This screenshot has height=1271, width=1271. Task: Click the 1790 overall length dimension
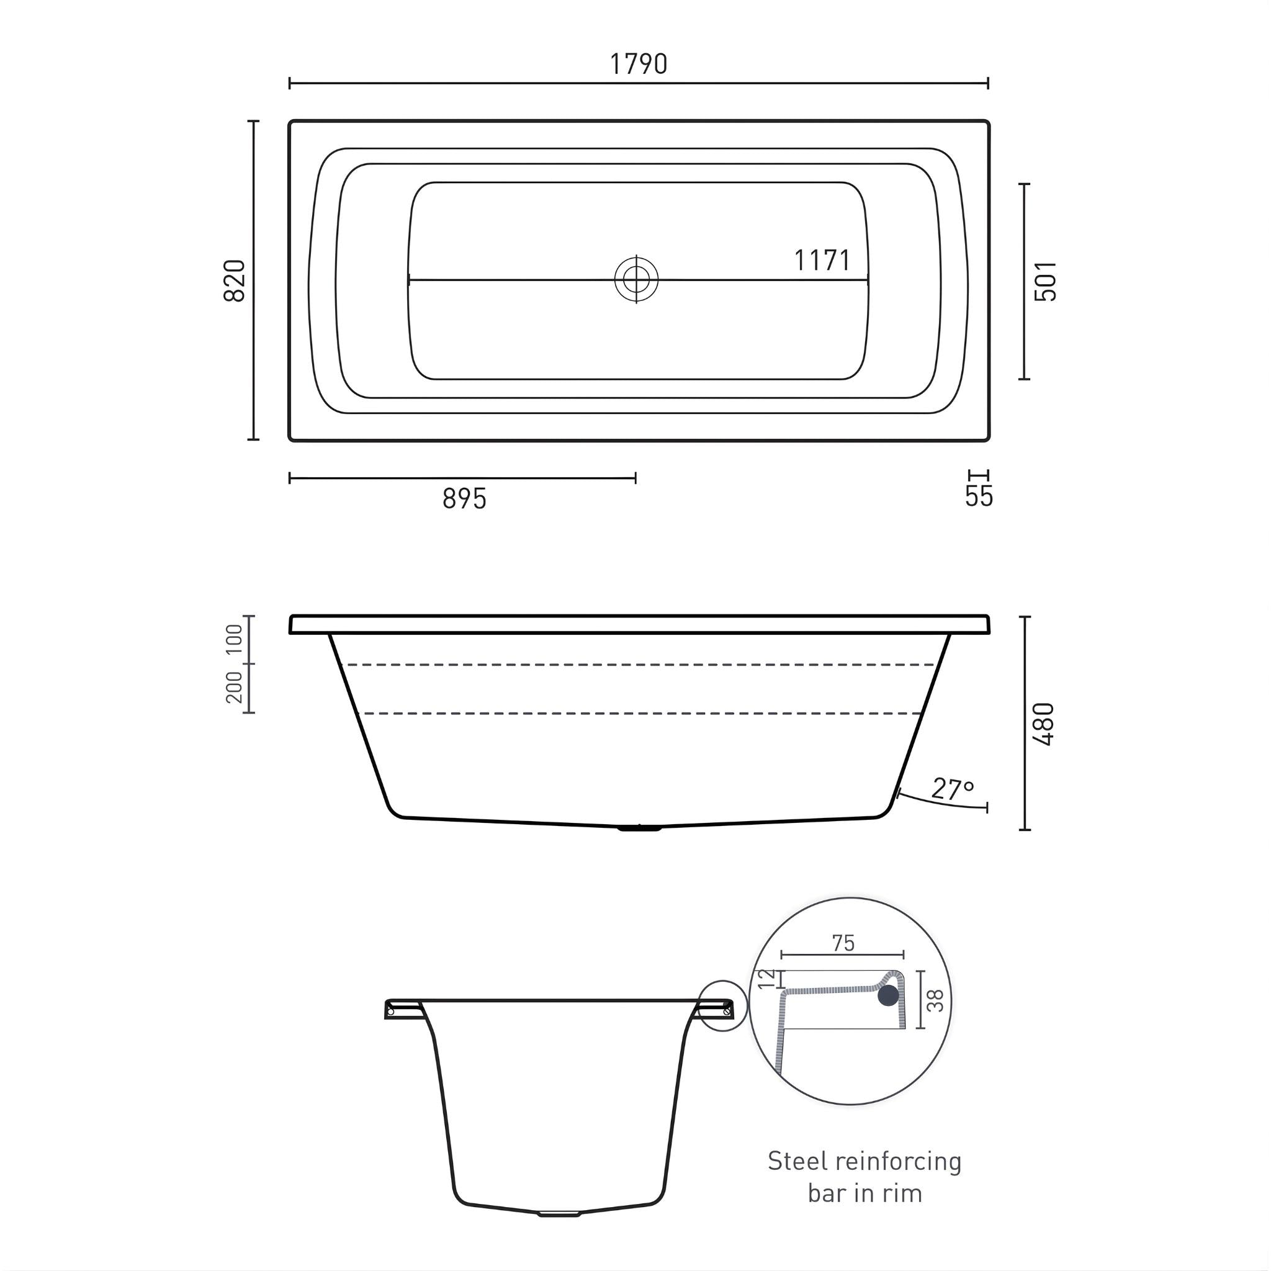[638, 65]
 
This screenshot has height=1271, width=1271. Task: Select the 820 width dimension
[235, 281]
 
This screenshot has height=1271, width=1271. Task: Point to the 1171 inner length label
[822, 261]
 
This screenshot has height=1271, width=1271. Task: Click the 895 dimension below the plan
[464, 500]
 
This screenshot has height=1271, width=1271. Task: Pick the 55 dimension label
[979, 496]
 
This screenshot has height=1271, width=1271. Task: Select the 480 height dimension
[1044, 724]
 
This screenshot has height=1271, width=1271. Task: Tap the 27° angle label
[952, 789]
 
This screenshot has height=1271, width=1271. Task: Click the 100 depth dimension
[235, 639]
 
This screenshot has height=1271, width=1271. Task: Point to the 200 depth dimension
[235, 688]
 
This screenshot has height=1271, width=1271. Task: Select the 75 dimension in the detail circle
[843, 943]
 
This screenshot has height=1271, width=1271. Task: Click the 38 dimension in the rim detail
[935, 1000]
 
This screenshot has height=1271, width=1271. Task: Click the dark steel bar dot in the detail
[887, 995]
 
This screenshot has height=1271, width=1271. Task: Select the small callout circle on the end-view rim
[724, 1006]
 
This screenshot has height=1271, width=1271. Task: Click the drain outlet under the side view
[639, 829]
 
